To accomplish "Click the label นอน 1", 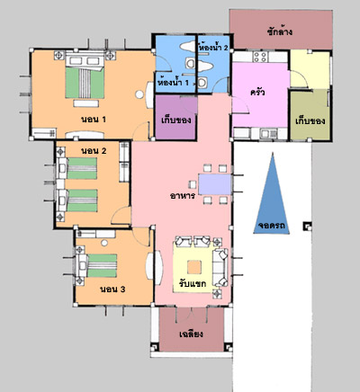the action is tap(94, 120).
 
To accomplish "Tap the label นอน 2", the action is tap(94, 151).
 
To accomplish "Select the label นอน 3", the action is tap(112, 290).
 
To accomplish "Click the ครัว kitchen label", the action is tap(257, 92).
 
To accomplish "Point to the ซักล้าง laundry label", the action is tap(280, 31).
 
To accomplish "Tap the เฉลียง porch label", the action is tap(191, 334).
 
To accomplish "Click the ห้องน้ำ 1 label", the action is tap(174, 82).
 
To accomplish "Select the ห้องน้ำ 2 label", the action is tap(213, 47).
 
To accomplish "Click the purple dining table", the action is tap(215, 184).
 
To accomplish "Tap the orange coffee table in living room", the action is tap(194, 267).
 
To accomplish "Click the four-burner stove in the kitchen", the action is tap(260, 57).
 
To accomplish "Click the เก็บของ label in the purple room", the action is tap(176, 120).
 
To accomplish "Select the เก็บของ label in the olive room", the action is tap(310, 121).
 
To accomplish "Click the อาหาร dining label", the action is tap(183, 196).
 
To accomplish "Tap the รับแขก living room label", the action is tap(193, 283).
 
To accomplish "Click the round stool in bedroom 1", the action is tap(139, 94).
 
